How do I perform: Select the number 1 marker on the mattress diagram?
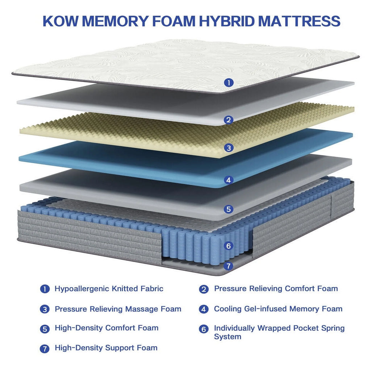tap(228, 83)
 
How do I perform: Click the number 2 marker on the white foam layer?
tap(228, 120)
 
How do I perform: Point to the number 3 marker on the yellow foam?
tap(228, 148)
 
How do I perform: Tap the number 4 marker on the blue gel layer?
tap(228, 180)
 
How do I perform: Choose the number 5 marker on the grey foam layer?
tap(228, 209)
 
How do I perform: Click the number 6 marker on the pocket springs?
tap(228, 246)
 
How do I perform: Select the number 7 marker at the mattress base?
tap(228, 266)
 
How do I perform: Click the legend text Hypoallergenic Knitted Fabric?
tap(109, 289)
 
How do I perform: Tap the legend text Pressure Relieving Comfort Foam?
tap(276, 289)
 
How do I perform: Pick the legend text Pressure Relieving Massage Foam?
tap(118, 309)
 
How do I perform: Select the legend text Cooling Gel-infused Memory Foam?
tap(278, 309)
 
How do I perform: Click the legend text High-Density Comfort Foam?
tap(107, 328)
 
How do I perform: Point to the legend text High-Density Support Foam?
tap(106, 348)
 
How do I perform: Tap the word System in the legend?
tap(228, 337)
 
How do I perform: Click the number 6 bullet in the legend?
tap(204, 329)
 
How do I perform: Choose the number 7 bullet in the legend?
tap(45, 349)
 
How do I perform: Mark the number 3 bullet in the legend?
tap(45, 309)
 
